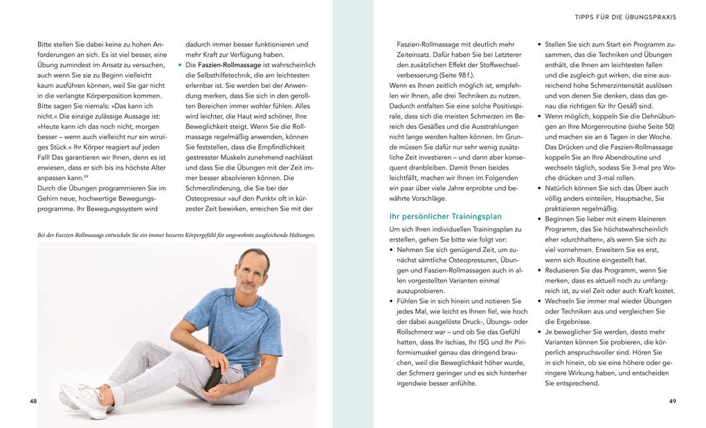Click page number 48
[x=33, y=401]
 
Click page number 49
[x=672, y=401]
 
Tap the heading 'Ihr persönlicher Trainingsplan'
[x=446, y=216]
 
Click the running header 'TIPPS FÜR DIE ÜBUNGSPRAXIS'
[x=625, y=17]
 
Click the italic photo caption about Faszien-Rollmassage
[x=176, y=235]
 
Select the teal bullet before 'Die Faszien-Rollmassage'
[x=179, y=65]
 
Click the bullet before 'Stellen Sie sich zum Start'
[x=539, y=44]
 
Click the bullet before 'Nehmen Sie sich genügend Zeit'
[x=392, y=249]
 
